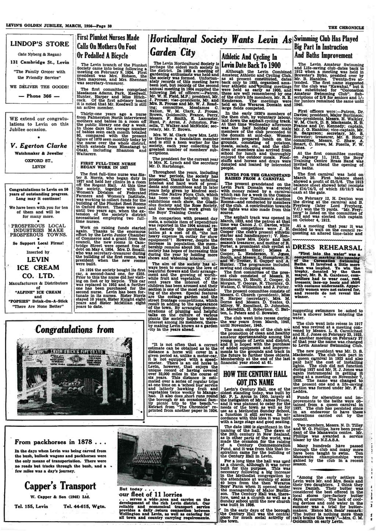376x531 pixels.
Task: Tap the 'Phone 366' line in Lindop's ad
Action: click(40, 96)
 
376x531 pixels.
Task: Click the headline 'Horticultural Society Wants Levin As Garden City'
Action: click(219, 45)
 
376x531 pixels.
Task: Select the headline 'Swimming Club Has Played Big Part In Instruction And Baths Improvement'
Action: click(329, 46)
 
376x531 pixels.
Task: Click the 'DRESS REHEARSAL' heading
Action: click(329, 248)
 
